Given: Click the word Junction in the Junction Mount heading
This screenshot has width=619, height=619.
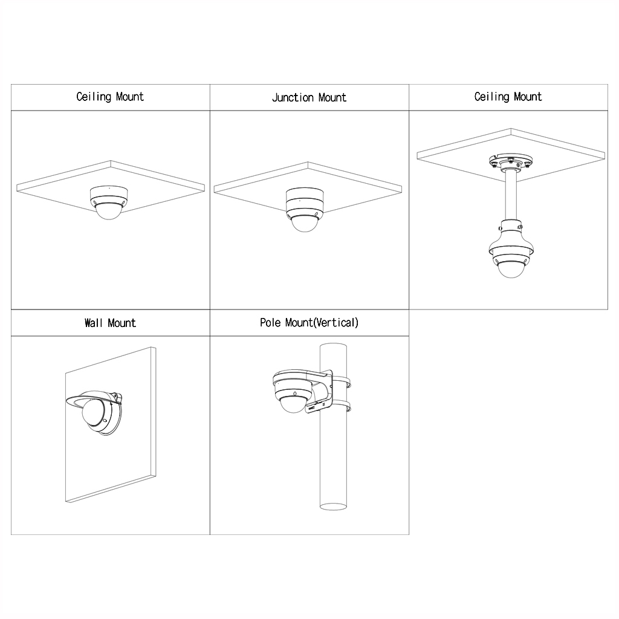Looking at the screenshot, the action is pos(293,97).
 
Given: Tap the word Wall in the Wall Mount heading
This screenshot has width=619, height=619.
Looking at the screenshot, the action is pos(93,323).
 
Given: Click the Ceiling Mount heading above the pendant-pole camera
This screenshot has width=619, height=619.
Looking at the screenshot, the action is pos(508,97).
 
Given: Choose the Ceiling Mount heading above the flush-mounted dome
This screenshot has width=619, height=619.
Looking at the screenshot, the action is pos(110,97).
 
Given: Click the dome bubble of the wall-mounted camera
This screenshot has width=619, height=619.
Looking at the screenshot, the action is pos(92,411).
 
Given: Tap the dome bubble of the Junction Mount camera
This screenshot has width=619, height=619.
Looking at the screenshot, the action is pos(305,224).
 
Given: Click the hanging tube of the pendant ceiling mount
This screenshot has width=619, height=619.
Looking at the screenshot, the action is pos(510,195).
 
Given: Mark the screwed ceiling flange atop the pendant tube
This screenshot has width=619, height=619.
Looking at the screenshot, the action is pos(511,162).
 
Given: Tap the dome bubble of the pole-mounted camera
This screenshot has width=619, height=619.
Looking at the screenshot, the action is pos(293,405).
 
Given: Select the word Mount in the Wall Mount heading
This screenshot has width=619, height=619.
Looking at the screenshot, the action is pos(122,323).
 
